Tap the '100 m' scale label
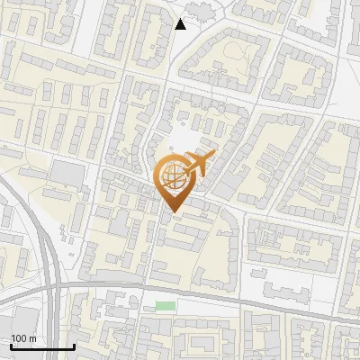coord(23,338)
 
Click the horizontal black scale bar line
coord(42,346)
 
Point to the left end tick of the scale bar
coord(11,345)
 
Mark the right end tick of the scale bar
coord(74,345)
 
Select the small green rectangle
coord(165,306)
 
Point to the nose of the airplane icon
coord(214,156)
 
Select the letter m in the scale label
coord(32,338)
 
